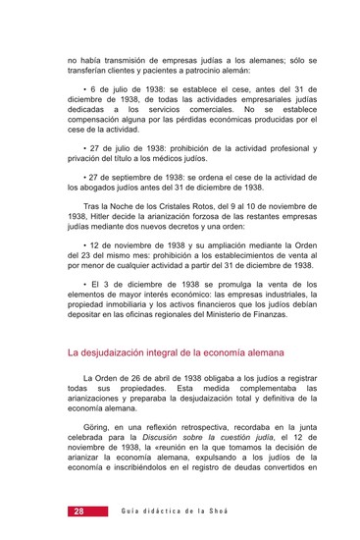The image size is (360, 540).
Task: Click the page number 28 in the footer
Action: coord(77,513)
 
